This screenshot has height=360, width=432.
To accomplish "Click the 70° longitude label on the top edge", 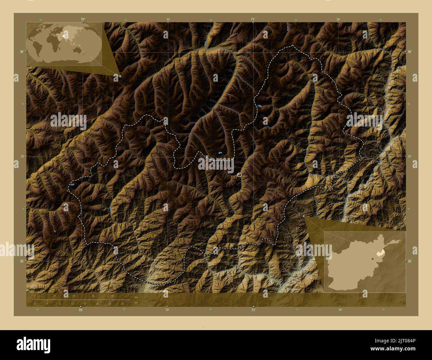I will click(x=82, y=19).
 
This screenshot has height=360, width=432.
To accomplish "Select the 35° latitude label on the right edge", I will click(x=410, y=261).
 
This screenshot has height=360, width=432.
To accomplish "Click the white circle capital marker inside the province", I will click(x=239, y=175).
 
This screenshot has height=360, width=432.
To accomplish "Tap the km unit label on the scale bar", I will click(x=136, y=296).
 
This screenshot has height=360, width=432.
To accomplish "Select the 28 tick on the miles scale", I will click(x=122, y=304).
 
